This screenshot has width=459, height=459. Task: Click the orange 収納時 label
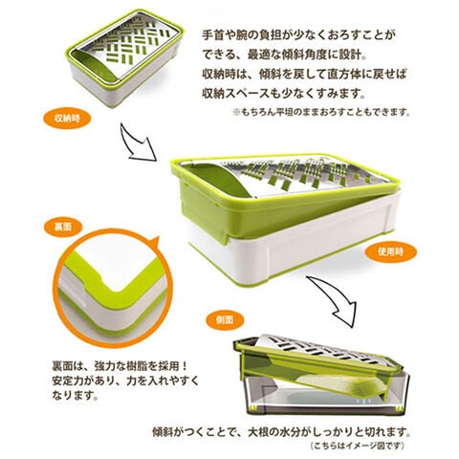click(x=67, y=119)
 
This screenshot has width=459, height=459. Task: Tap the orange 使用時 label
click(x=390, y=251)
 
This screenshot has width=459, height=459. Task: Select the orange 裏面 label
click(x=63, y=228)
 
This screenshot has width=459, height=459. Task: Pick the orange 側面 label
click(x=225, y=319)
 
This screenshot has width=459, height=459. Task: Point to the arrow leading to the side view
click(x=335, y=299)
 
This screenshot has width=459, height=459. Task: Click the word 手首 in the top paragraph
click(x=212, y=35)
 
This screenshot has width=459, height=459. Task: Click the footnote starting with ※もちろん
click(x=321, y=112)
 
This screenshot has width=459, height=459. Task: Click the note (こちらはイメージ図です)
click(x=357, y=445)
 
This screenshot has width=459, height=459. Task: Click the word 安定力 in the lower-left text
click(x=68, y=381)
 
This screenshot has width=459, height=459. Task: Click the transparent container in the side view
click(x=325, y=395)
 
